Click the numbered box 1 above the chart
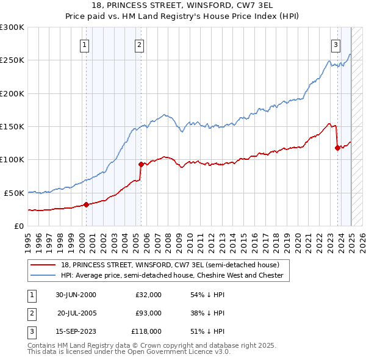coord(84,44)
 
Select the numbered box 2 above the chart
coord(140,44)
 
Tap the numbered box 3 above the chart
coord(336,44)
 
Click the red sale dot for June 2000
coord(86,204)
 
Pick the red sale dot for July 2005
coord(141,164)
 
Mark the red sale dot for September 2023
coord(337,147)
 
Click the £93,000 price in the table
coord(148,313)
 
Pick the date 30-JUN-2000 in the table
coord(76,295)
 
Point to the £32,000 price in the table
coord(148,295)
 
